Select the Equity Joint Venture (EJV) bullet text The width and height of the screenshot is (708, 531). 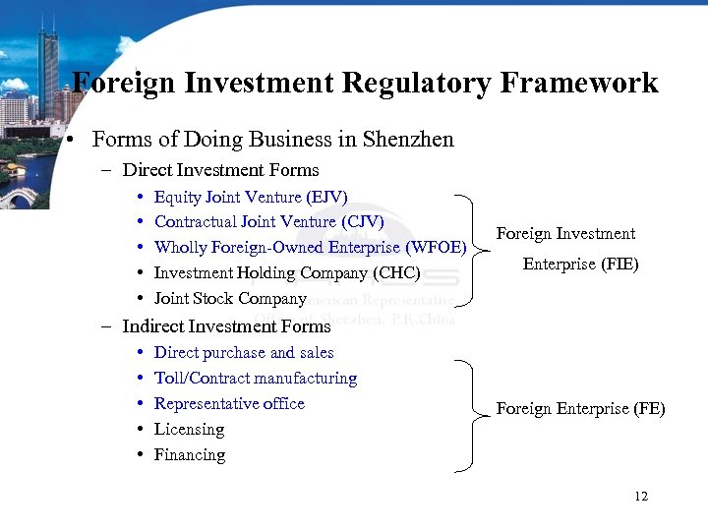pyautogui.click(x=251, y=197)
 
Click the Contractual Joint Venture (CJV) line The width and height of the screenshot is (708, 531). pyautogui.click(x=268, y=222)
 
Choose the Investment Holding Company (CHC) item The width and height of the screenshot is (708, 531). pyautogui.click(x=287, y=272)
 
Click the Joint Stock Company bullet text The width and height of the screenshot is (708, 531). pyautogui.click(x=230, y=298)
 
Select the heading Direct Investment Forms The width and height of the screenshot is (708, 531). pyautogui.click(x=220, y=170)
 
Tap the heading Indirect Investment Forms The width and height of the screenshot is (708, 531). pyautogui.click(x=226, y=325)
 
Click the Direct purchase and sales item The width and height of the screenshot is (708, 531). pyautogui.click(x=244, y=352)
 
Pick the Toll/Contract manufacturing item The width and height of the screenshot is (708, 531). pyautogui.click(x=256, y=378)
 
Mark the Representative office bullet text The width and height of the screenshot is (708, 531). pyautogui.click(x=229, y=403)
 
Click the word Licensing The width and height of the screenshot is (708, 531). pyautogui.click(x=189, y=429)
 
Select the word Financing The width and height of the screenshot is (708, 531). pyautogui.click(x=190, y=454)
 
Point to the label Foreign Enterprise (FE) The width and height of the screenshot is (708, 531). pyautogui.click(x=580, y=409)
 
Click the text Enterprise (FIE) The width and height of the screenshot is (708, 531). pyautogui.click(x=580, y=265)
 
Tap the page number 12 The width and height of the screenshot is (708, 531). pyautogui.click(x=641, y=497)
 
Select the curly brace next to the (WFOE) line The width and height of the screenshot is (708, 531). pyautogui.click(x=477, y=250)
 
